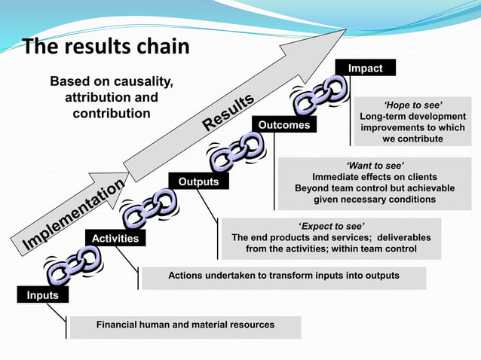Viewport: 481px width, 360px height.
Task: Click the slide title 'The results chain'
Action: coord(106,47)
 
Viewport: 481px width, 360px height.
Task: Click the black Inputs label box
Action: coord(42,295)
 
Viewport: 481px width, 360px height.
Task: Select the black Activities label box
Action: coord(115,238)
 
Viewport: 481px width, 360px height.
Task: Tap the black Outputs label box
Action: coord(198,182)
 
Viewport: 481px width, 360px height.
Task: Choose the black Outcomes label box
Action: coord(284,125)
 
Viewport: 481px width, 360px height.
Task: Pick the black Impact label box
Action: coord(365,68)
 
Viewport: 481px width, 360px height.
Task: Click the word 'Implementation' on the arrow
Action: coord(74,215)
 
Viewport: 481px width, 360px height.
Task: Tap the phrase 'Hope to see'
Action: coord(412,104)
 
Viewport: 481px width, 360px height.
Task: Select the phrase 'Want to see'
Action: coord(375,164)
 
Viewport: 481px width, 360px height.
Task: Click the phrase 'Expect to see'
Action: coord(331,225)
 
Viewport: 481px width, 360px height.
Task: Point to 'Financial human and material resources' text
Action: coord(185,325)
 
